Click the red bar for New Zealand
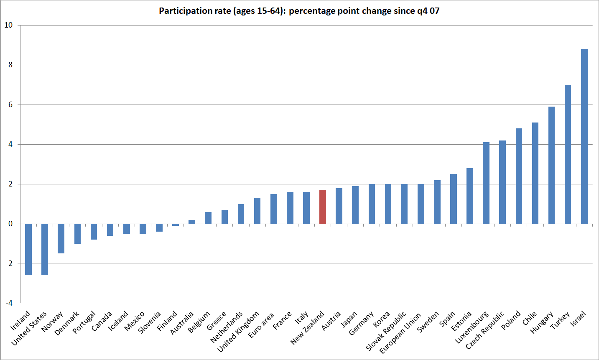tap(323, 207)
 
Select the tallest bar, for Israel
tap(584, 136)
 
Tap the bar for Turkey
tap(568, 154)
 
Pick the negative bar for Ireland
tap(28, 249)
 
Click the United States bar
tap(45, 249)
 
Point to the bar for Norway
tap(61, 238)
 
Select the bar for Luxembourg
tap(486, 183)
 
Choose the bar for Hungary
tap(551, 165)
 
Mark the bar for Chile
tap(535, 173)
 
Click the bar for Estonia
tap(470, 196)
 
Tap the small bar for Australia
tap(192, 222)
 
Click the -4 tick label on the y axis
tap(8, 303)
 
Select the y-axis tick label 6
tap(10, 105)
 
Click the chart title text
tap(299, 11)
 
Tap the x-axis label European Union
tap(400, 333)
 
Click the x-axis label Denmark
tap(67, 323)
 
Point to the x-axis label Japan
tap(349, 320)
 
